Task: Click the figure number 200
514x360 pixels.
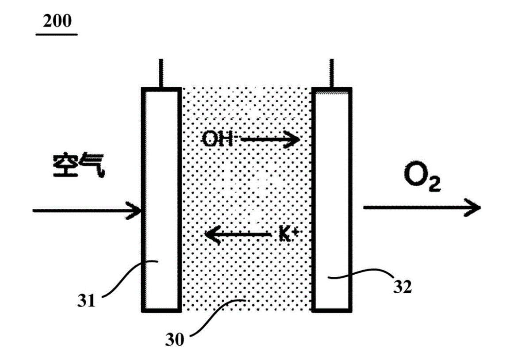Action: (57, 21)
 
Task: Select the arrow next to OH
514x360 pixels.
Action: (270, 141)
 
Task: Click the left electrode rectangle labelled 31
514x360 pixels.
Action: (161, 199)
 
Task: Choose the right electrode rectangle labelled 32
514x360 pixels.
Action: (332, 199)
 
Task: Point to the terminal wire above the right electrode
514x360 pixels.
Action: (330, 73)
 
